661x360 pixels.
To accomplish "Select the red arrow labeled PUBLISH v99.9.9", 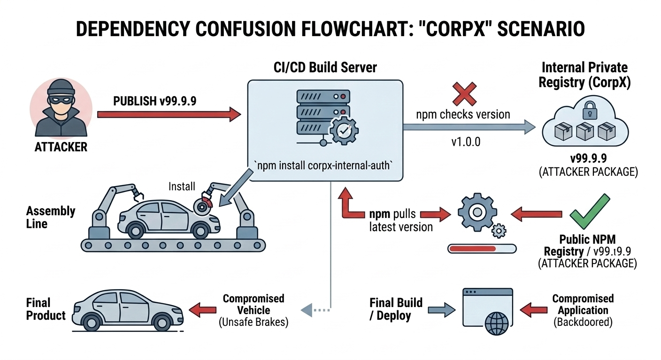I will (169, 113).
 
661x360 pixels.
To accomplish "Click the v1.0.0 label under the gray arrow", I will (466, 142).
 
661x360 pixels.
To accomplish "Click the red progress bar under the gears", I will (472, 248).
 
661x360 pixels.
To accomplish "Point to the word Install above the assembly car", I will (182, 187).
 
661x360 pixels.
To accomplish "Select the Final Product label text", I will (46, 309).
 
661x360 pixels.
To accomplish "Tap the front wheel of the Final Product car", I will (161, 322).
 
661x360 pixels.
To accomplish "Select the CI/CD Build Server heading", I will (325, 67).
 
